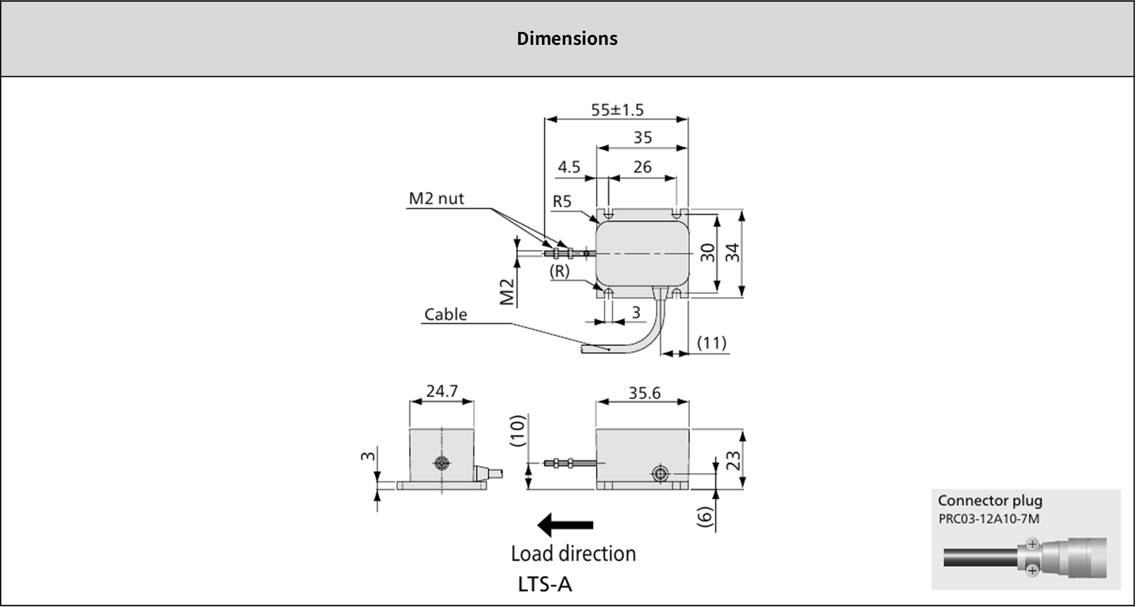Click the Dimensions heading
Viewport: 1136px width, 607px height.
pos(567,39)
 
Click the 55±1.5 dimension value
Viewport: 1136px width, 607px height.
pos(617,110)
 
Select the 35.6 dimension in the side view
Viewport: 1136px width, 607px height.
pos(644,393)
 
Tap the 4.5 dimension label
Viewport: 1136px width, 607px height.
pos(569,167)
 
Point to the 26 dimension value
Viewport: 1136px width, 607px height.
pos(642,167)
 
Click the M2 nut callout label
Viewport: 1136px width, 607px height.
pos(436,198)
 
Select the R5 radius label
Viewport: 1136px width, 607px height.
pos(562,201)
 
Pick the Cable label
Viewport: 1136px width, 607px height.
pos(446,314)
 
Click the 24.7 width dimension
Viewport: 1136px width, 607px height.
pos(441,391)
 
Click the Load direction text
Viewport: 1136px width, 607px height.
pos(573,554)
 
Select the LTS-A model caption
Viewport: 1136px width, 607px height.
pos(545,584)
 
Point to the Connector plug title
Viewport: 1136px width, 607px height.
pos(990,501)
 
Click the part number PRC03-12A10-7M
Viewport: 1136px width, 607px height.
pos(989,519)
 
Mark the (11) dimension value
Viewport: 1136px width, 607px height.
pos(711,343)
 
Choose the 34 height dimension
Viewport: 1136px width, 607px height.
pos(733,252)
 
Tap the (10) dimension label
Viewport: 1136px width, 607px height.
pos(516,431)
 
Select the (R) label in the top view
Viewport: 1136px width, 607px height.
pos(559,272)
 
